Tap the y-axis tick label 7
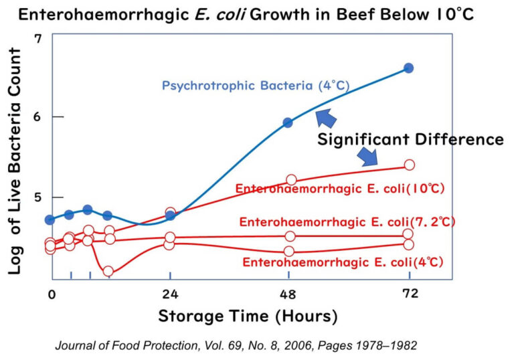coord(37,38)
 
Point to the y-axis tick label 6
coord(38,117)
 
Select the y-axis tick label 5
coord(38,197)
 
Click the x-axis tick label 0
coord(51,294)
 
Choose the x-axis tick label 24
coord(170,294)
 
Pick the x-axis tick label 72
coord(409,294)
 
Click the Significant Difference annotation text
coord(410,139)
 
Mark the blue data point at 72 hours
coord(409,68)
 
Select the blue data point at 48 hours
coord(288,122)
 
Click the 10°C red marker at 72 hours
coord(409,165)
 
